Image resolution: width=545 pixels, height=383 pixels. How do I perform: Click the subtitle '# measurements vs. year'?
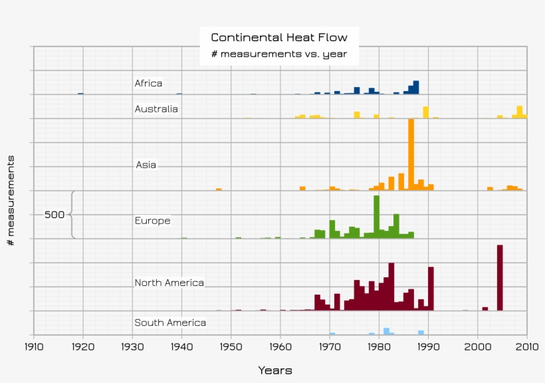[x=279, y=55]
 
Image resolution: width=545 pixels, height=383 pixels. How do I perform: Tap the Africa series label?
[x=148, y=84]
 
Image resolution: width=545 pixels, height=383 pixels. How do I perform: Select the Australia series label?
[x=156, y=109]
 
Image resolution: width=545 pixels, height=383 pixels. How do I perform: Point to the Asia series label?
[x=146, y=165]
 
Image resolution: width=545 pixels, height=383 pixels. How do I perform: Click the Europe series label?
[x=152, y=221]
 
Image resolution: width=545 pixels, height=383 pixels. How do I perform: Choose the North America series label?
[x=169, y=283]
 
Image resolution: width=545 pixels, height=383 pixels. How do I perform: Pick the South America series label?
[x=170, y=323]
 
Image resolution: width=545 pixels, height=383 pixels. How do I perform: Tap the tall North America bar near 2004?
[x=500, y=277]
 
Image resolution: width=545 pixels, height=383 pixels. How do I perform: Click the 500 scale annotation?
[x=54, y=215]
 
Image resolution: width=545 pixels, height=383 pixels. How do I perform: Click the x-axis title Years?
[x=274, y=370]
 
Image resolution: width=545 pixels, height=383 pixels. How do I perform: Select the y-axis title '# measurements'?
[x=11, y=200]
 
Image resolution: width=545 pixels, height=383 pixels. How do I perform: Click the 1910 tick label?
[x=34, y=346]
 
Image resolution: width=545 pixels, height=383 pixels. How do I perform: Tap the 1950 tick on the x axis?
[x=231, y=346]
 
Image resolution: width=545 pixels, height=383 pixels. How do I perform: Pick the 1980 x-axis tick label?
[x=379, y=346]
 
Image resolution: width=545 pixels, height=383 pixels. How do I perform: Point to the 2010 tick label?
[x=526, y=346]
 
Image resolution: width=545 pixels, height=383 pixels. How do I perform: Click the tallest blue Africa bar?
[x=416, y=87]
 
